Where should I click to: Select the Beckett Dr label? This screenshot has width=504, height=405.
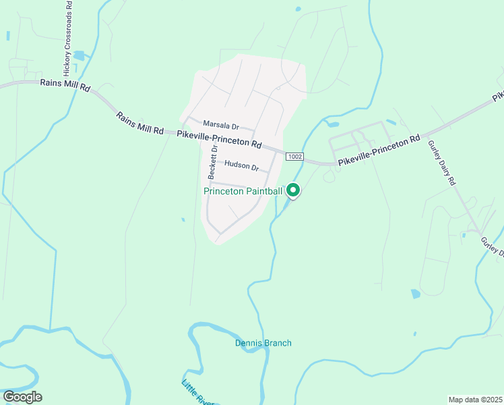(x=212, y=162)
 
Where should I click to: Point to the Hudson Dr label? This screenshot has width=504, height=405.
(x=242, y=165)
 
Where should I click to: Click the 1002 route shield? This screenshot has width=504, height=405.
(x=294, y=157)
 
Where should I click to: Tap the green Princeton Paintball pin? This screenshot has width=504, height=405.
(x=293, y=191)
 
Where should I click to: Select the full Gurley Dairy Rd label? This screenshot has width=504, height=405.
(x=443, y=163)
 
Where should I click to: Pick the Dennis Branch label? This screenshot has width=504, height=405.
(x=263, y=343)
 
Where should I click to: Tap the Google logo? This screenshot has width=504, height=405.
(x=22, y=396)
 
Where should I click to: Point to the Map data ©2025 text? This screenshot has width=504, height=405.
(x=475, y=400)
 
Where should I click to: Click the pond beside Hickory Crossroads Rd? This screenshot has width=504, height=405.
(x=80, y=56)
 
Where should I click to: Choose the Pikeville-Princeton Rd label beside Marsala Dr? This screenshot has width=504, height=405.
(x=219, y=140)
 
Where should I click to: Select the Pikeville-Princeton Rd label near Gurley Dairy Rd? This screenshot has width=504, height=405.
(x=379, y=151)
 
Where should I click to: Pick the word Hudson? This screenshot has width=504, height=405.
(x=237, y=164)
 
